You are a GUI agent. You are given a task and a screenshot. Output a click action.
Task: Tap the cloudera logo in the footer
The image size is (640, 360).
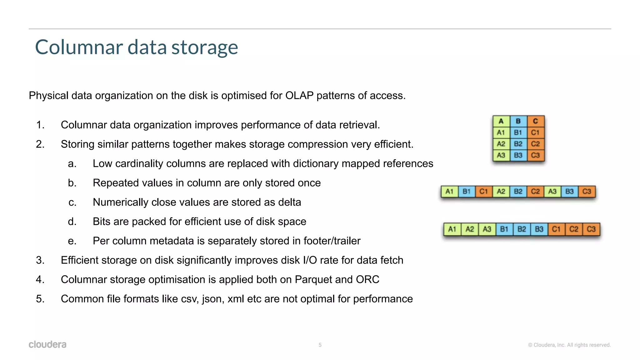click(x=47, y=344)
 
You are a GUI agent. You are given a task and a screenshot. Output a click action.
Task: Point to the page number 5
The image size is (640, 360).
click(x=320, y=345)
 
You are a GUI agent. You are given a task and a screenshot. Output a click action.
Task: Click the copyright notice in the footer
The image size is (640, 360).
click(x=569, y=345)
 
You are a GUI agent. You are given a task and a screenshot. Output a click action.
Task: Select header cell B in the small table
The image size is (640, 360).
click(x=518, y=121)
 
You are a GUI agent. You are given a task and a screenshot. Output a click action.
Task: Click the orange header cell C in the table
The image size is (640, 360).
click(x=535, y=121)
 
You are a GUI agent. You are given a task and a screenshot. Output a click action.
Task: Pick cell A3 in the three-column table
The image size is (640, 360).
click(x=501, y=155)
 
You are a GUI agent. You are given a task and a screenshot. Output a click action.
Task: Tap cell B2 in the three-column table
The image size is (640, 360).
click(x=518, y=144)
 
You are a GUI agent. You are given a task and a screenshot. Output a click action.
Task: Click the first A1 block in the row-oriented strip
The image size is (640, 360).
click(x=449, y=192)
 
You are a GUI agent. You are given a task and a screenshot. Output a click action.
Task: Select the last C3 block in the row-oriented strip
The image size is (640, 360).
click(x=587, y=192)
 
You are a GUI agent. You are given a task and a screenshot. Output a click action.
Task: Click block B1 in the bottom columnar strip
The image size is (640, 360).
click(x=504, y=229)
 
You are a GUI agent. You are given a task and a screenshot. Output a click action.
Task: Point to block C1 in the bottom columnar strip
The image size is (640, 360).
click(x=556, y=229)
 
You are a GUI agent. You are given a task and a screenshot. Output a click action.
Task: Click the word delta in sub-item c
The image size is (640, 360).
click(x=289, y=202)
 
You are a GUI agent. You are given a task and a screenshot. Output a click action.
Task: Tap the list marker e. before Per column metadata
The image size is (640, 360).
click(x=72, y=241)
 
